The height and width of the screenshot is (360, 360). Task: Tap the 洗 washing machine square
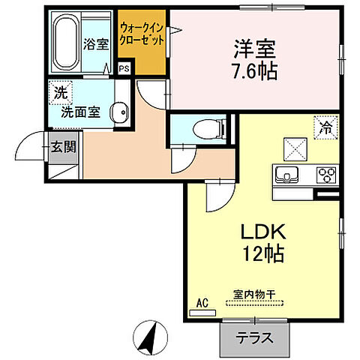pyautogui.click(x=59, y=94)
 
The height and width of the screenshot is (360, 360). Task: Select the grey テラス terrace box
pyautogui.click(x=256, y=338)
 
